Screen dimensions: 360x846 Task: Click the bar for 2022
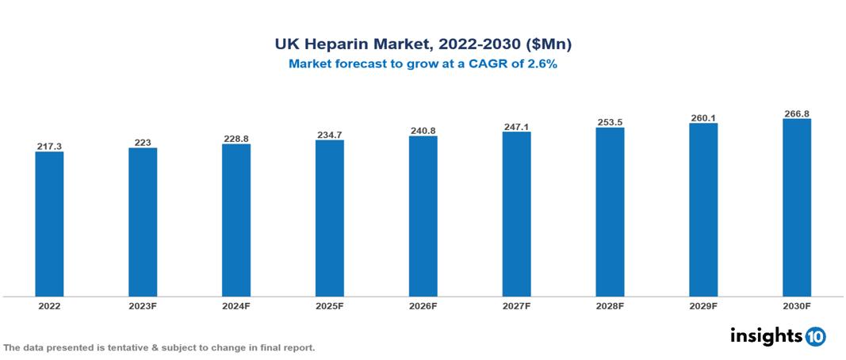(49, 224)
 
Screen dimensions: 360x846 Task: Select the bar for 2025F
(329, 218)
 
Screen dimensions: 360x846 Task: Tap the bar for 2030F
(797, 208)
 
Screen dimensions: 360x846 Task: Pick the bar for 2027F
(516, 214)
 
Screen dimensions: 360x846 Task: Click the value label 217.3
(49, 147)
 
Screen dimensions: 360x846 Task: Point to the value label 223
(143, 143)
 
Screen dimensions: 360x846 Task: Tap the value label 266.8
(797, 114)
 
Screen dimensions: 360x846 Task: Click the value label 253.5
(610, 123)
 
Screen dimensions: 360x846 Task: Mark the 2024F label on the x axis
(236, 305)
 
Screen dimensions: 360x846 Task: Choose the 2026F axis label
(423, 305)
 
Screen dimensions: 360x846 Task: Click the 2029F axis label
(703, 305)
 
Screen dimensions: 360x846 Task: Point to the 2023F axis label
(143, 305)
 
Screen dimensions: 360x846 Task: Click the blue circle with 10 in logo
(816, 336)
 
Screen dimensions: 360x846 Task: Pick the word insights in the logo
(766, 335)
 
